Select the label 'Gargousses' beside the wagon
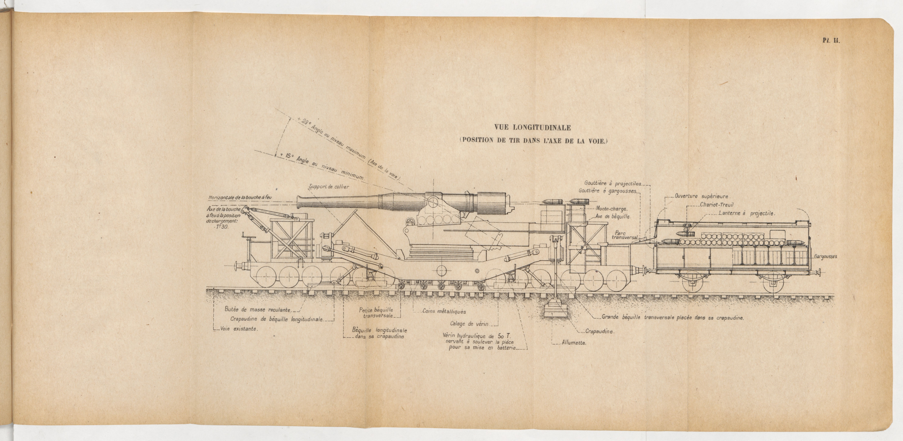pyautogui.click(x=825, y=256)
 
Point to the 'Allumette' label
pyautogui.click(x=574, y=343)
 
